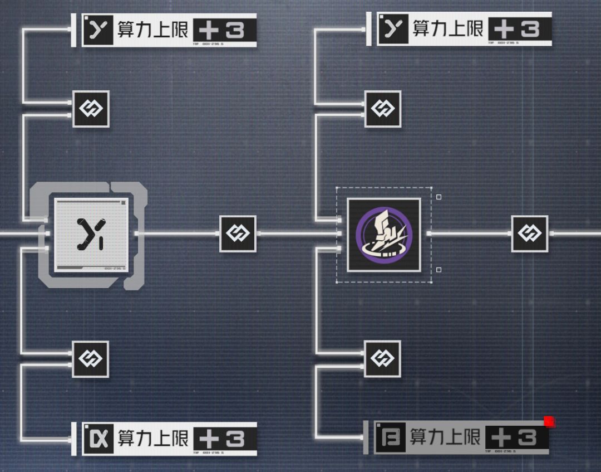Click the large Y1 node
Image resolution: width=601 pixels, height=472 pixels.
(92, 234)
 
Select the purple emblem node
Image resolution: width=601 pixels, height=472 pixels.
(384, 235)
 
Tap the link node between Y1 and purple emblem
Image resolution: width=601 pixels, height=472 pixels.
(238, 234)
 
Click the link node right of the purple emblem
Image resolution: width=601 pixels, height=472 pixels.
(529, 234)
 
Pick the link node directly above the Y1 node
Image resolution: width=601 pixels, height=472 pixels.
(91, 109)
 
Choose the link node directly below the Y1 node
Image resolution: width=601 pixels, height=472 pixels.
(91, 359)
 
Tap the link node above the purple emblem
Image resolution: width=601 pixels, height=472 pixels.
(382, 109)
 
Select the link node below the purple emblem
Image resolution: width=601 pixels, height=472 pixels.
(382, 359)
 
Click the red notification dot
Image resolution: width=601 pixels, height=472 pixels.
(549, 421)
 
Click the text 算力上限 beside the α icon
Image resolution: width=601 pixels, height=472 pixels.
(153, 439)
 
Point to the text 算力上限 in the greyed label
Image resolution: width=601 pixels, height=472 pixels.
(445, 437)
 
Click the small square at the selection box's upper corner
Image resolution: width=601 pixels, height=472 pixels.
(439, 197)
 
